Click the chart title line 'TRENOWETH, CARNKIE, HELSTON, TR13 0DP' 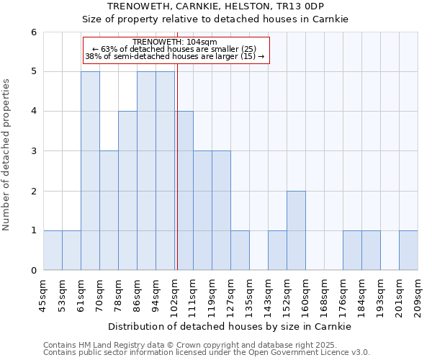215,6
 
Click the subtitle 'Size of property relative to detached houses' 215,19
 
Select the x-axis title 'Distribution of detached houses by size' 230,326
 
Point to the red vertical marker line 177,166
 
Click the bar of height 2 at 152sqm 296,230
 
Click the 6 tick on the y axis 33,32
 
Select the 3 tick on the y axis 33,151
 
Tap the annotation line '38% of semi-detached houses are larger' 175,56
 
